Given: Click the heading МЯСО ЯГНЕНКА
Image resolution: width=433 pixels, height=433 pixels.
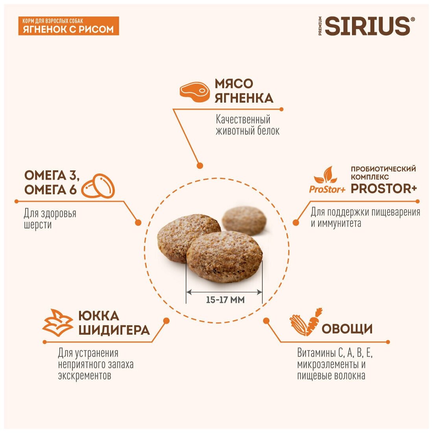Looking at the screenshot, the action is coord(243,91).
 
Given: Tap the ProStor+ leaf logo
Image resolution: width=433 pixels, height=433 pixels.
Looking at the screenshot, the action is coord(327,180).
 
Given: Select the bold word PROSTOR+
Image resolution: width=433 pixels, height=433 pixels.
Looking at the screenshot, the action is coord(383,188).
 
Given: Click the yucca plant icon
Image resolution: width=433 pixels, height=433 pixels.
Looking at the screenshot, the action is coord(58,322).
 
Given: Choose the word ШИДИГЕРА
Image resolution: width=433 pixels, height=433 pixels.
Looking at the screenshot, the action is coord(114,330).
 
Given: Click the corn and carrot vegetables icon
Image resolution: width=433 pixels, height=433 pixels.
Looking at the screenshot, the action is coord(306,322).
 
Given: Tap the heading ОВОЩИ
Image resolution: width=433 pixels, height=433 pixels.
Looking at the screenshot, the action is coord(347,329).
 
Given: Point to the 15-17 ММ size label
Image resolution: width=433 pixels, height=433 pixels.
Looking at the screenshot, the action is coord(225,300).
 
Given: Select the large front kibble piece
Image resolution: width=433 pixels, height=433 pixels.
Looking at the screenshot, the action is coord(224,256).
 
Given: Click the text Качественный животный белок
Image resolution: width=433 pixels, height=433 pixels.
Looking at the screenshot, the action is coord(247,125).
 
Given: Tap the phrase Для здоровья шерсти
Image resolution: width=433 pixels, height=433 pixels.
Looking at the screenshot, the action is coord(50,219).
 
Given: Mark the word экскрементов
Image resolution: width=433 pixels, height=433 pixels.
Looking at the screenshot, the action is coord(85,376).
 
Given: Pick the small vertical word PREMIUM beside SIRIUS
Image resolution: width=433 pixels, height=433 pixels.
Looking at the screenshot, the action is coord(321,26).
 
